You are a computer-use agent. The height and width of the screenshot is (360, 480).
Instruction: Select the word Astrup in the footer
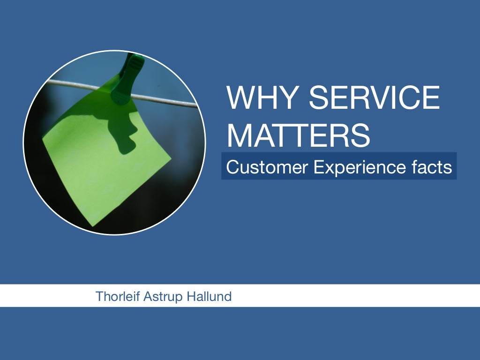click(159, 296)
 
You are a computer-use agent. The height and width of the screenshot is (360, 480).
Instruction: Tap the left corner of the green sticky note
click(43, 139)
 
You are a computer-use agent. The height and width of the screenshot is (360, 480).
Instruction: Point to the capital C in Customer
click(232, 167)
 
